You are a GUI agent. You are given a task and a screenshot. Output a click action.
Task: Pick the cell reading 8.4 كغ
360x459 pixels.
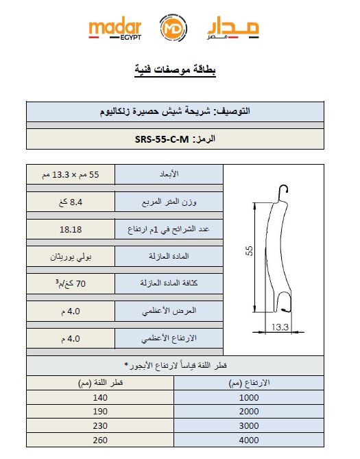70,202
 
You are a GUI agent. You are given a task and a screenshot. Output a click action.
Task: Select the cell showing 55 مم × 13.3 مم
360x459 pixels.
70,176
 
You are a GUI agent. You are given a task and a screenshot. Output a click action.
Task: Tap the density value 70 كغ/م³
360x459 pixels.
70,283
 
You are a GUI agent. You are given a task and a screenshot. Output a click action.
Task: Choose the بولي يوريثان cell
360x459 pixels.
70,256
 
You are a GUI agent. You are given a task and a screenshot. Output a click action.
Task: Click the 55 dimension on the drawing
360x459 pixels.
249,251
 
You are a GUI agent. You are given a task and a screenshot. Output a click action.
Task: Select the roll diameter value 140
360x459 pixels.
100,397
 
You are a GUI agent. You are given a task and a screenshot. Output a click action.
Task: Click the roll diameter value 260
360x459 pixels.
100,440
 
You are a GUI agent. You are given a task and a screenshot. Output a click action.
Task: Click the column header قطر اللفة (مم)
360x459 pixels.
100,382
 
